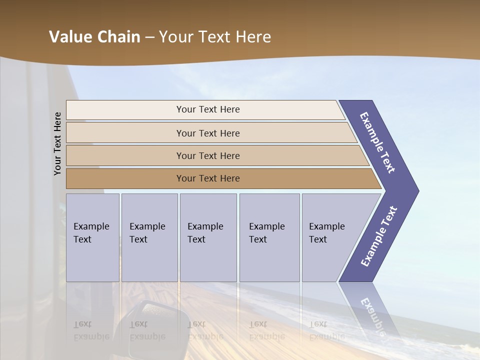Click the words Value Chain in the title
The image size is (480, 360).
(94, 37)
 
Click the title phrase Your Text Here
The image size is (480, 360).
(215, 37)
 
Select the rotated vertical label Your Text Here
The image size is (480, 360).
(57, 143)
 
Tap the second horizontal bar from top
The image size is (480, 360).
(207, 133)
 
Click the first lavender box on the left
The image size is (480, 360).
(92, 237)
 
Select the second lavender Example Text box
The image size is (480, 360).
(149, 237)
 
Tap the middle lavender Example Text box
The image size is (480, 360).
(208, 237)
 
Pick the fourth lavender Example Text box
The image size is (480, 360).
(269, 237)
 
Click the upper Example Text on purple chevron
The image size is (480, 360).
(377, 142)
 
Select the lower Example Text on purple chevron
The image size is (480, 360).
(378, 236)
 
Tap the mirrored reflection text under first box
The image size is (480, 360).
(91, 330)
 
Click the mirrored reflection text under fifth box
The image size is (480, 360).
(326, 330)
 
